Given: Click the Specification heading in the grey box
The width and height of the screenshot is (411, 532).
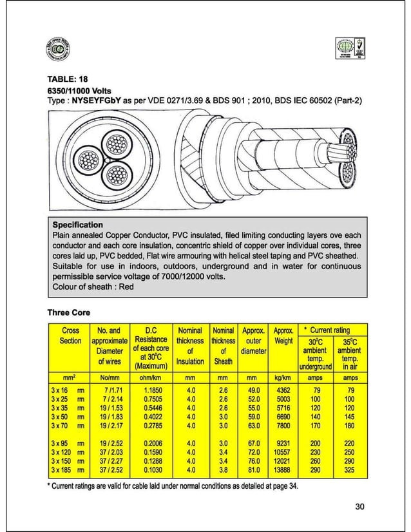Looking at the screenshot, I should click(x=77, y=225).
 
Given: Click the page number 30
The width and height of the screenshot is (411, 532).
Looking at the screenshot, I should click(x=359, y=506).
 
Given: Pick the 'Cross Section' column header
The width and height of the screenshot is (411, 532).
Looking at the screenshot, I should click(x=70, y=336).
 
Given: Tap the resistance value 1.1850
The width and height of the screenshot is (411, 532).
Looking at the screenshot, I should click(x=153, y=390).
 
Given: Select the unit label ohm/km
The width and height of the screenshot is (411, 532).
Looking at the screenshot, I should click(x=152, y=377).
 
